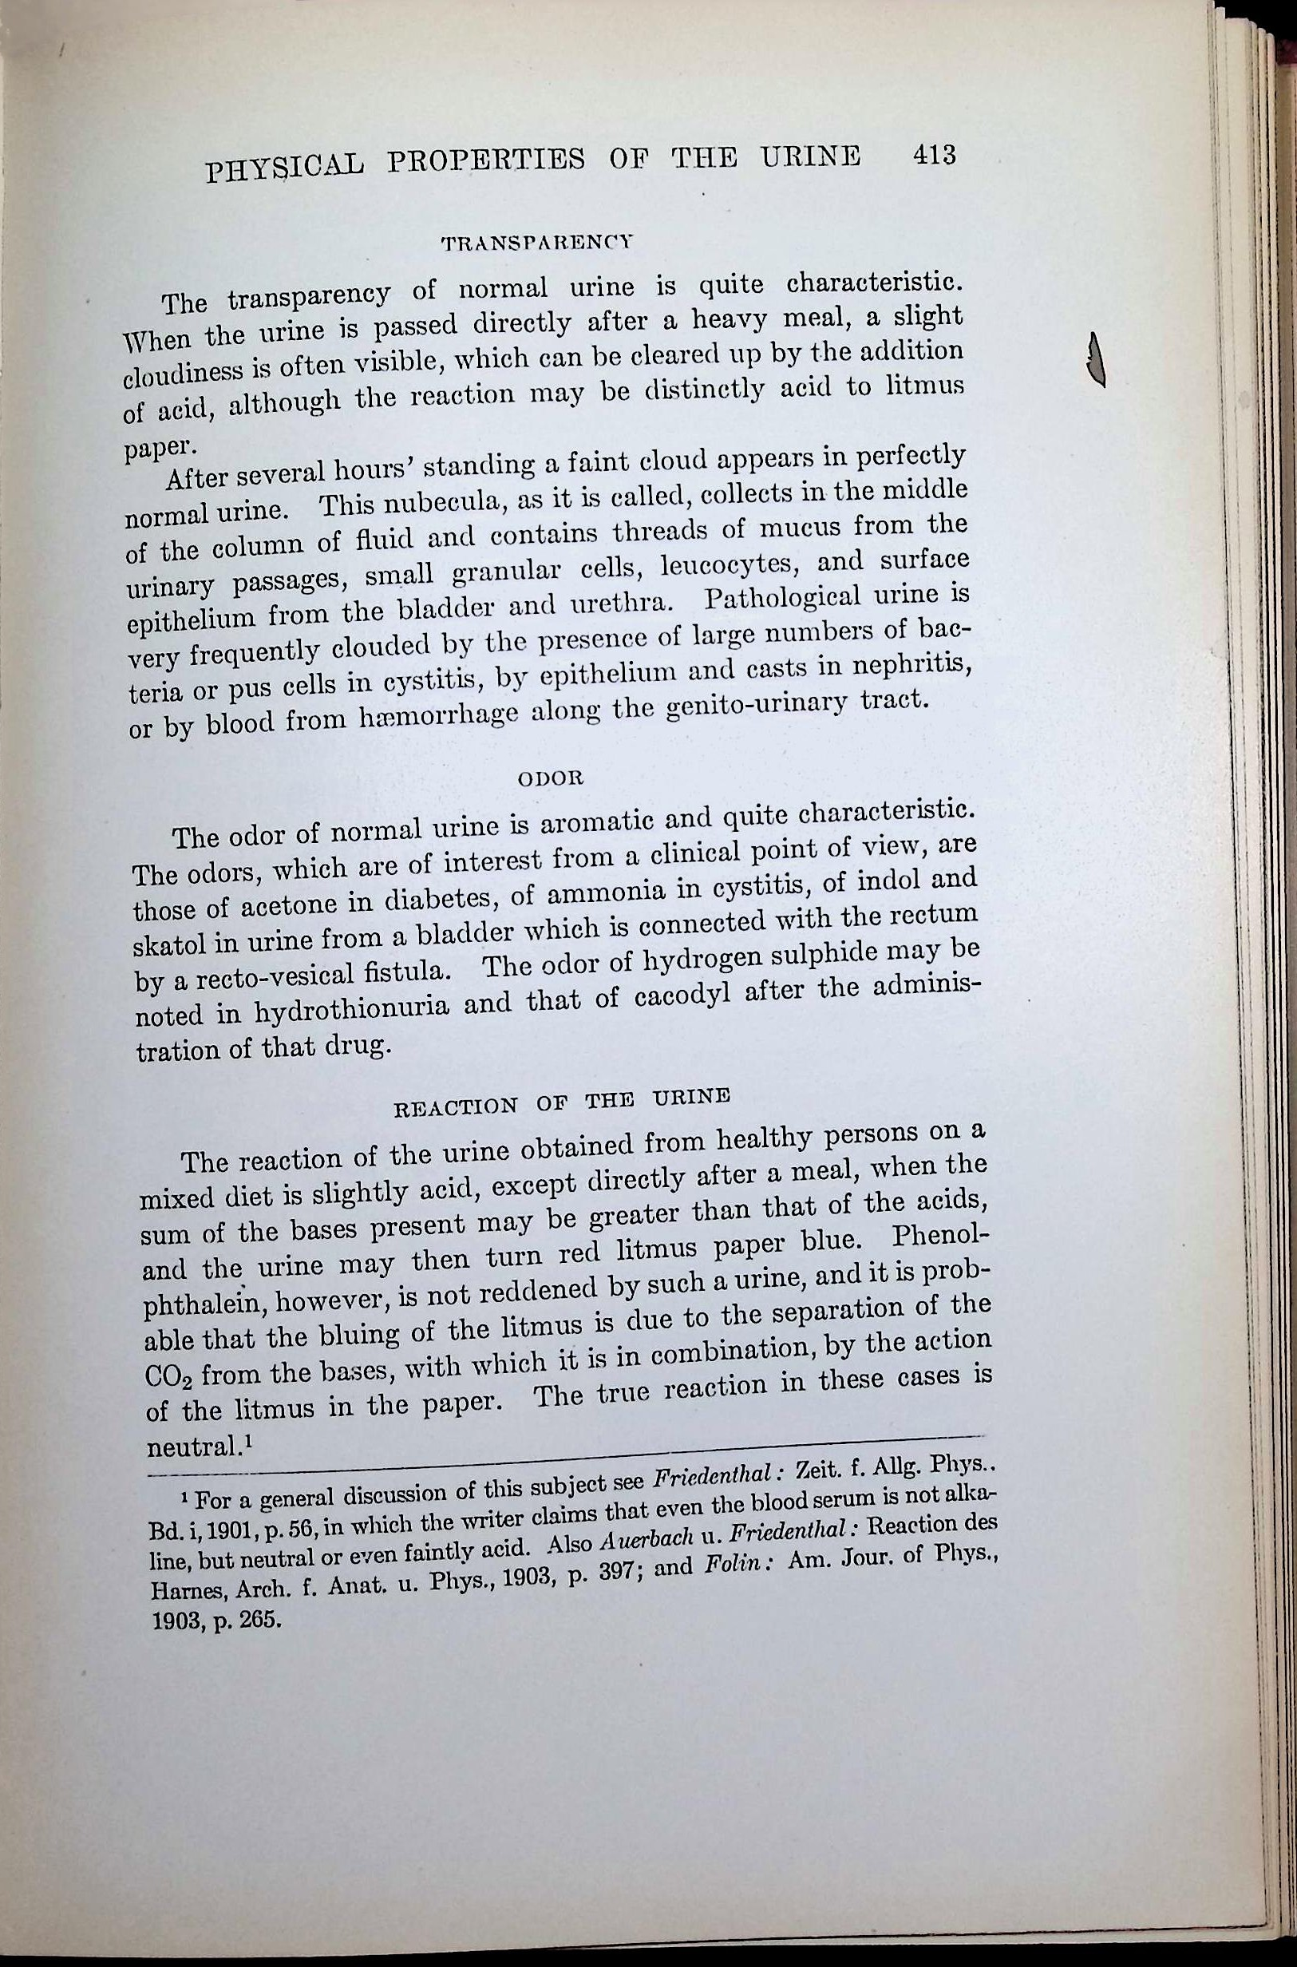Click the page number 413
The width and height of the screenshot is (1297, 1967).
[934, 155]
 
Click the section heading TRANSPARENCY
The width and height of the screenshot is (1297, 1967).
[537, 243]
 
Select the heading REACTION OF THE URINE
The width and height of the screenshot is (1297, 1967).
[562, 1102]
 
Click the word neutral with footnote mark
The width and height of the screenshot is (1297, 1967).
[199, 1447]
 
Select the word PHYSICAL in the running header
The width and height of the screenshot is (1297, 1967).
[283, 168]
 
